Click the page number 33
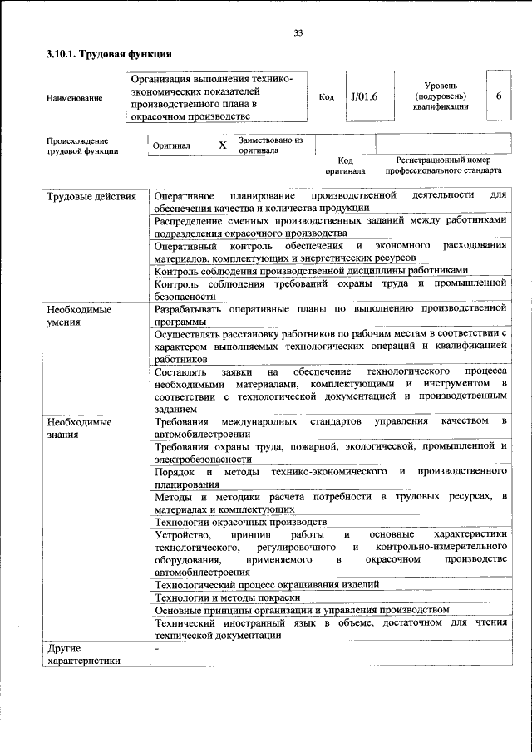(298, 33)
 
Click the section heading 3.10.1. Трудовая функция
(109, 54)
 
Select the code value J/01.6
(364, 96)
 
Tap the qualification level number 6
(499, 96)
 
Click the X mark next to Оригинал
(222, 145)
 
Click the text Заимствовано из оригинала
(270, 145)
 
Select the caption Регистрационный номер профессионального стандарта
(443, 165)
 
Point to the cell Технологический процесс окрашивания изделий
(267, 584)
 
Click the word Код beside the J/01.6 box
(326, 97)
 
